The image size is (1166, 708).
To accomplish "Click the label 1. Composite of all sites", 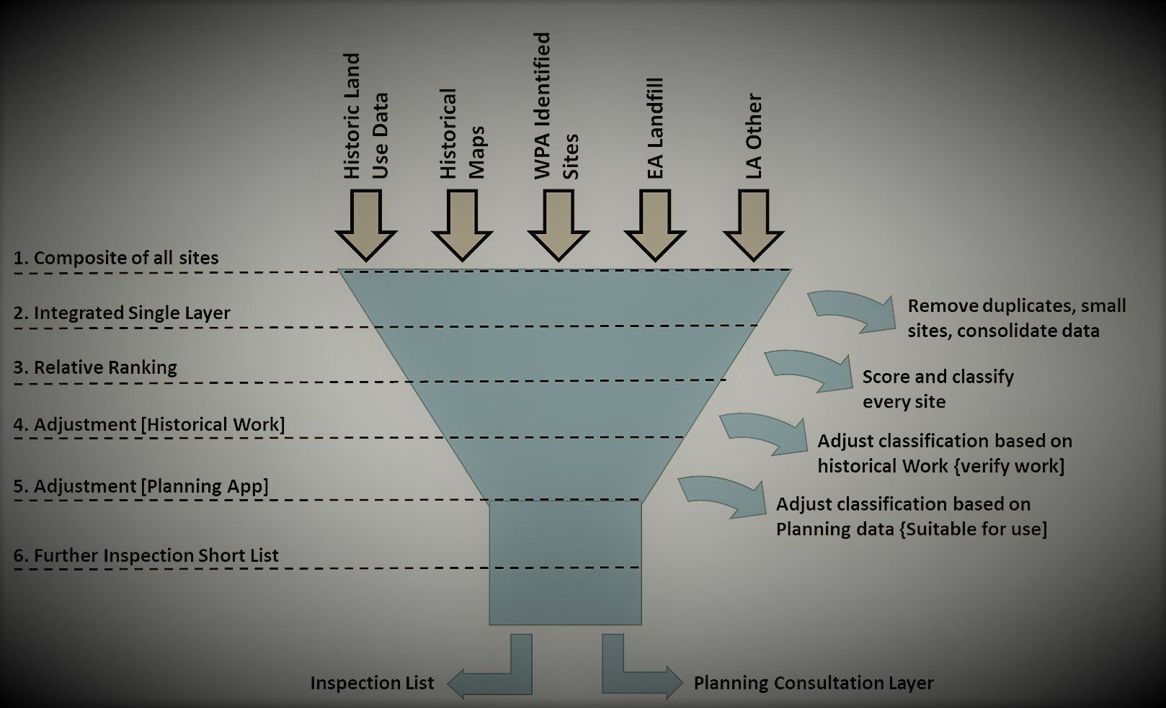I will click(x=116, y=258).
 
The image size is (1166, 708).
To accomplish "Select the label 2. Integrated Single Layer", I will click(x=122, y=313).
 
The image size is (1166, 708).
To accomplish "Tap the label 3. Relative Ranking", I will click(x=95, y=367).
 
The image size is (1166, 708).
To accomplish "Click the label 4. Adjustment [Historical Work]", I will click(x=149, y=424).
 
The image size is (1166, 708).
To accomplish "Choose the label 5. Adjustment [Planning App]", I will click(x=141, y=486).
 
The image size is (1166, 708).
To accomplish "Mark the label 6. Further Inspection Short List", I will click(x=146, y=555).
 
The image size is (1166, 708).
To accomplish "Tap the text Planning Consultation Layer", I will click(x=814, y=683).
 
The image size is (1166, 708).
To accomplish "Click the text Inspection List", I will click(x=372, y=683).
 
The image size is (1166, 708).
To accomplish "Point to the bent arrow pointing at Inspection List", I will click(x=497, y=670).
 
